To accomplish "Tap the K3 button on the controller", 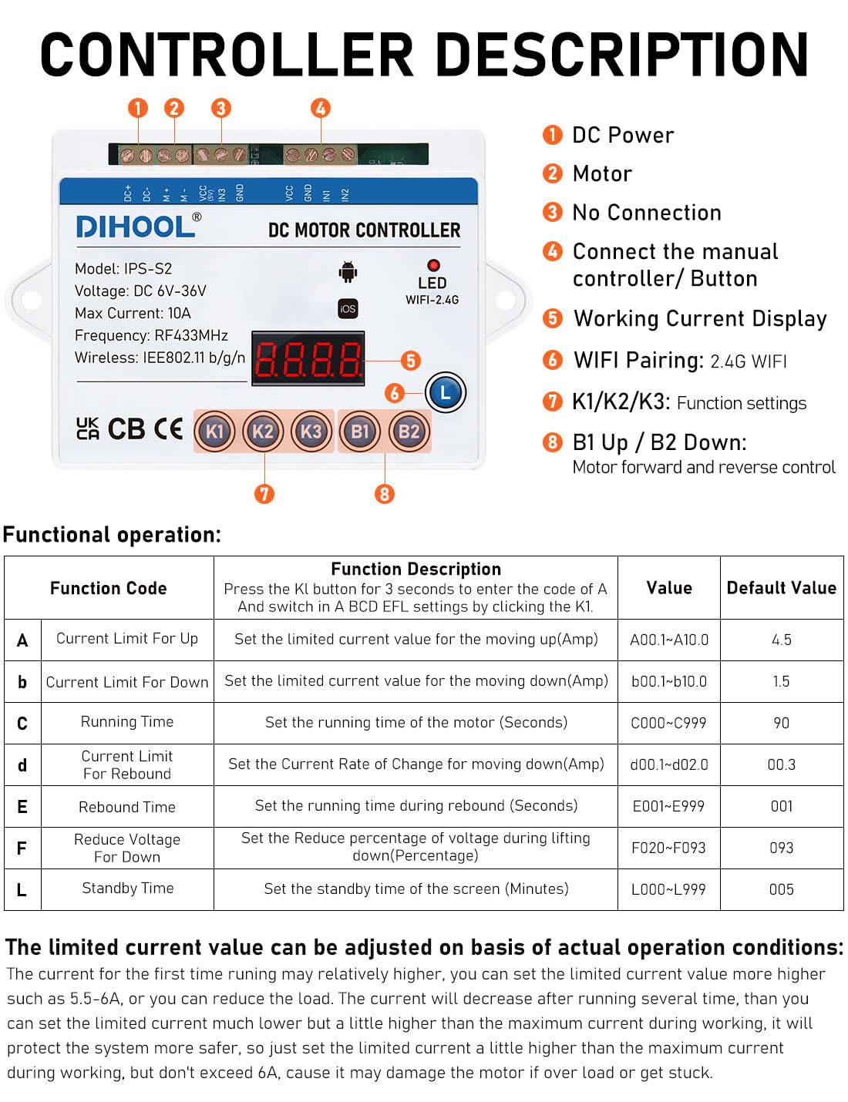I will (311, 432).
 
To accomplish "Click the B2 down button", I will (409, 432).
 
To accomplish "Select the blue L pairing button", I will (445, 392).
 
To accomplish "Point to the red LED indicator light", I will (433, 265).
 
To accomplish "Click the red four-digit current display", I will (308, 358).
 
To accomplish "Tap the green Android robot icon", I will (348, 272).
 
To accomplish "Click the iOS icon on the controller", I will (348, 308).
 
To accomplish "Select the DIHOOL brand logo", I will (136, 227).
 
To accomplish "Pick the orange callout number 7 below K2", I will (264, 493).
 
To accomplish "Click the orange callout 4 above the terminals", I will (321, 108).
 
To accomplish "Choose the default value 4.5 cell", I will (781, 640).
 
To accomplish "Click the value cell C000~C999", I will (668, 723).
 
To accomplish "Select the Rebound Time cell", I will (127, 807).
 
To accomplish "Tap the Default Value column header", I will (781, 588).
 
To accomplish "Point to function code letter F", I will (22, 848).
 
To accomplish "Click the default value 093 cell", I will (781, 848).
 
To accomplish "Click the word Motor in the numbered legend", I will (602, 174).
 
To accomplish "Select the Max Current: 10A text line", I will (133, 313).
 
